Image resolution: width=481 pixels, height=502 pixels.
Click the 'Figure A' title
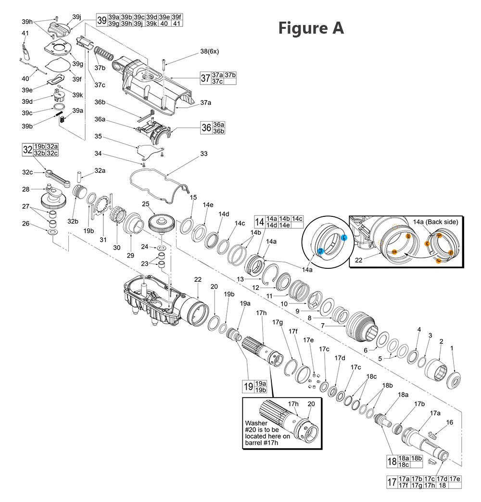311,28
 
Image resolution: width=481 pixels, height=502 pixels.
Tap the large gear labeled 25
161,224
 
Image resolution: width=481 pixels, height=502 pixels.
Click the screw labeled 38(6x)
164,64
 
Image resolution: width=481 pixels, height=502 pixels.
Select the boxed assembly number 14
260,222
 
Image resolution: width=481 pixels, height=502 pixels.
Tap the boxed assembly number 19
248,387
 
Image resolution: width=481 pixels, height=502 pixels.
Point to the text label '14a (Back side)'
436,222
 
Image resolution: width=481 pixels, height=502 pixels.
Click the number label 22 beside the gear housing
197,280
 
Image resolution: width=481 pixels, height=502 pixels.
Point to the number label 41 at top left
25,33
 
